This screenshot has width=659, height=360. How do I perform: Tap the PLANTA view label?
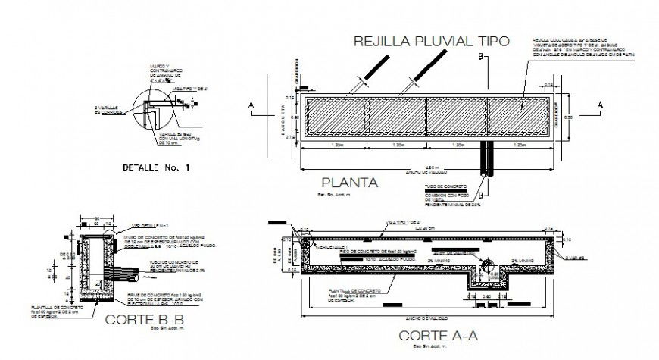pyautogui.click(x=349, y=182)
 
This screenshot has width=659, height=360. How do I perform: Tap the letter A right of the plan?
pyautogui.click(x=600, y=105)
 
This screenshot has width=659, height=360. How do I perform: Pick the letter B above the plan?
pyautogui.click(x=479, y=56)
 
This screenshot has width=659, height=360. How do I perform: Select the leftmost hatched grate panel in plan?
pyautogui.click(x=335, y=117)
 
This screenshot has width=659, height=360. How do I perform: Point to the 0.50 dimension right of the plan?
pyautogui.click(x=578, y=117)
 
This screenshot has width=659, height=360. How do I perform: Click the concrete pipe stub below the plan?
pyautogui.click(x=485, y=158)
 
